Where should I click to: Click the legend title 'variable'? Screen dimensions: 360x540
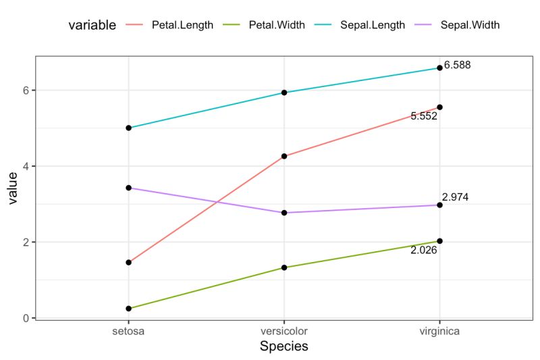point(92,25)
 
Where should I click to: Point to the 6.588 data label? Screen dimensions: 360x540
point(457,66)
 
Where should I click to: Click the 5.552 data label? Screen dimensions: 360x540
point(424,116)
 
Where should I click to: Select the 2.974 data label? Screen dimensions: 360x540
point(455,197)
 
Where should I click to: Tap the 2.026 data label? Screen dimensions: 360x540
point(424,250)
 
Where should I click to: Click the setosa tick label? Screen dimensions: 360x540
point(128,332)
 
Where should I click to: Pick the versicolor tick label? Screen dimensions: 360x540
point(283,332)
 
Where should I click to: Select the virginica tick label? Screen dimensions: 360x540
point(439,332)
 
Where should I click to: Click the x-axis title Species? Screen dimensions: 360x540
point(283,346)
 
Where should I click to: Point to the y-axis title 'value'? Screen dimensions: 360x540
point(12,188)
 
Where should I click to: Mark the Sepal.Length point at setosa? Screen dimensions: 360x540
point(128,128)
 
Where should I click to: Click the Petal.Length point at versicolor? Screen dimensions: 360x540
point(284,156)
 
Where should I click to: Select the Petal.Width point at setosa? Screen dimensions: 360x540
point(128,309)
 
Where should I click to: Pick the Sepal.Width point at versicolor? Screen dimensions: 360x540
point(284,213)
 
